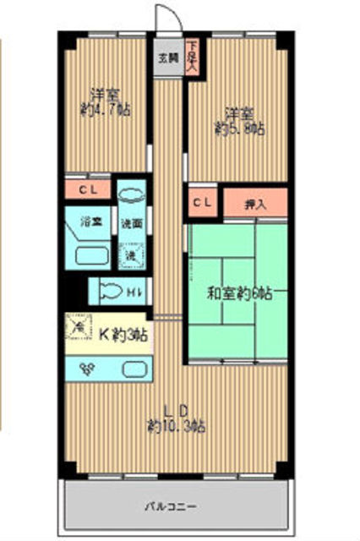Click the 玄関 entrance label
[x=168, y=58]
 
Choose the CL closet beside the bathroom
[x=88, y=189]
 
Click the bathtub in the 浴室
[x=90, y=254]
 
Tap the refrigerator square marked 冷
[x=79, y=325]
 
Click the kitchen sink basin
[x=133, y=369]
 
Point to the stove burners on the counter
[x=85, y=368]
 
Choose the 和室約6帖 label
[x=239, y=295]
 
